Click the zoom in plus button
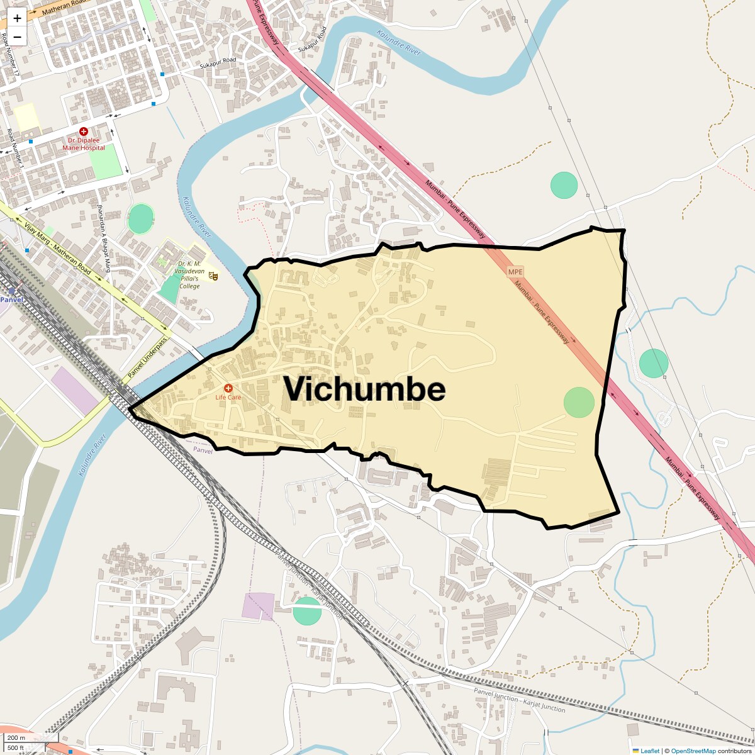[x=17, y=18]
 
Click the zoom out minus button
[x=17, y=37]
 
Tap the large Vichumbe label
[x=364, y=389]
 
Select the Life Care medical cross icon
[x=228, y=388]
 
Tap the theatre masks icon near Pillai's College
[x=213, y=276]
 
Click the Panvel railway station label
[x=11, y=299]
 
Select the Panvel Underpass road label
[x=148, y=358]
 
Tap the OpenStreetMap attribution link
[x=693, y=751]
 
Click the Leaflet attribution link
[x=649, y=751]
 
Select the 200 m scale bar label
[x=16, y=738]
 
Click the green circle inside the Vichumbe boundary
[x=579, y=403]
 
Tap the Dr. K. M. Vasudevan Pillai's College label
[x=189, y=275]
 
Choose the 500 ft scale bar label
[x=16, y=748]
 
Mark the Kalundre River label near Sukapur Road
[x=399, y=43]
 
